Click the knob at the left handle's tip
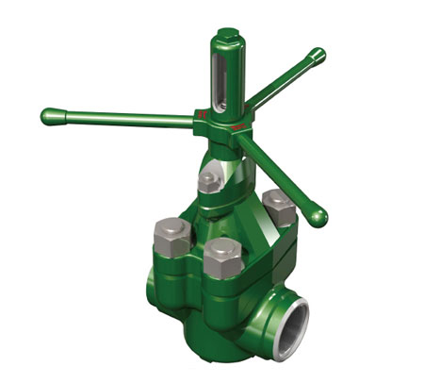click(49, 116)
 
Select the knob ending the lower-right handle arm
click(319, 216)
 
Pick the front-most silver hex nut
click(222, 255)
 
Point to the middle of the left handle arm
click(122, 119)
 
